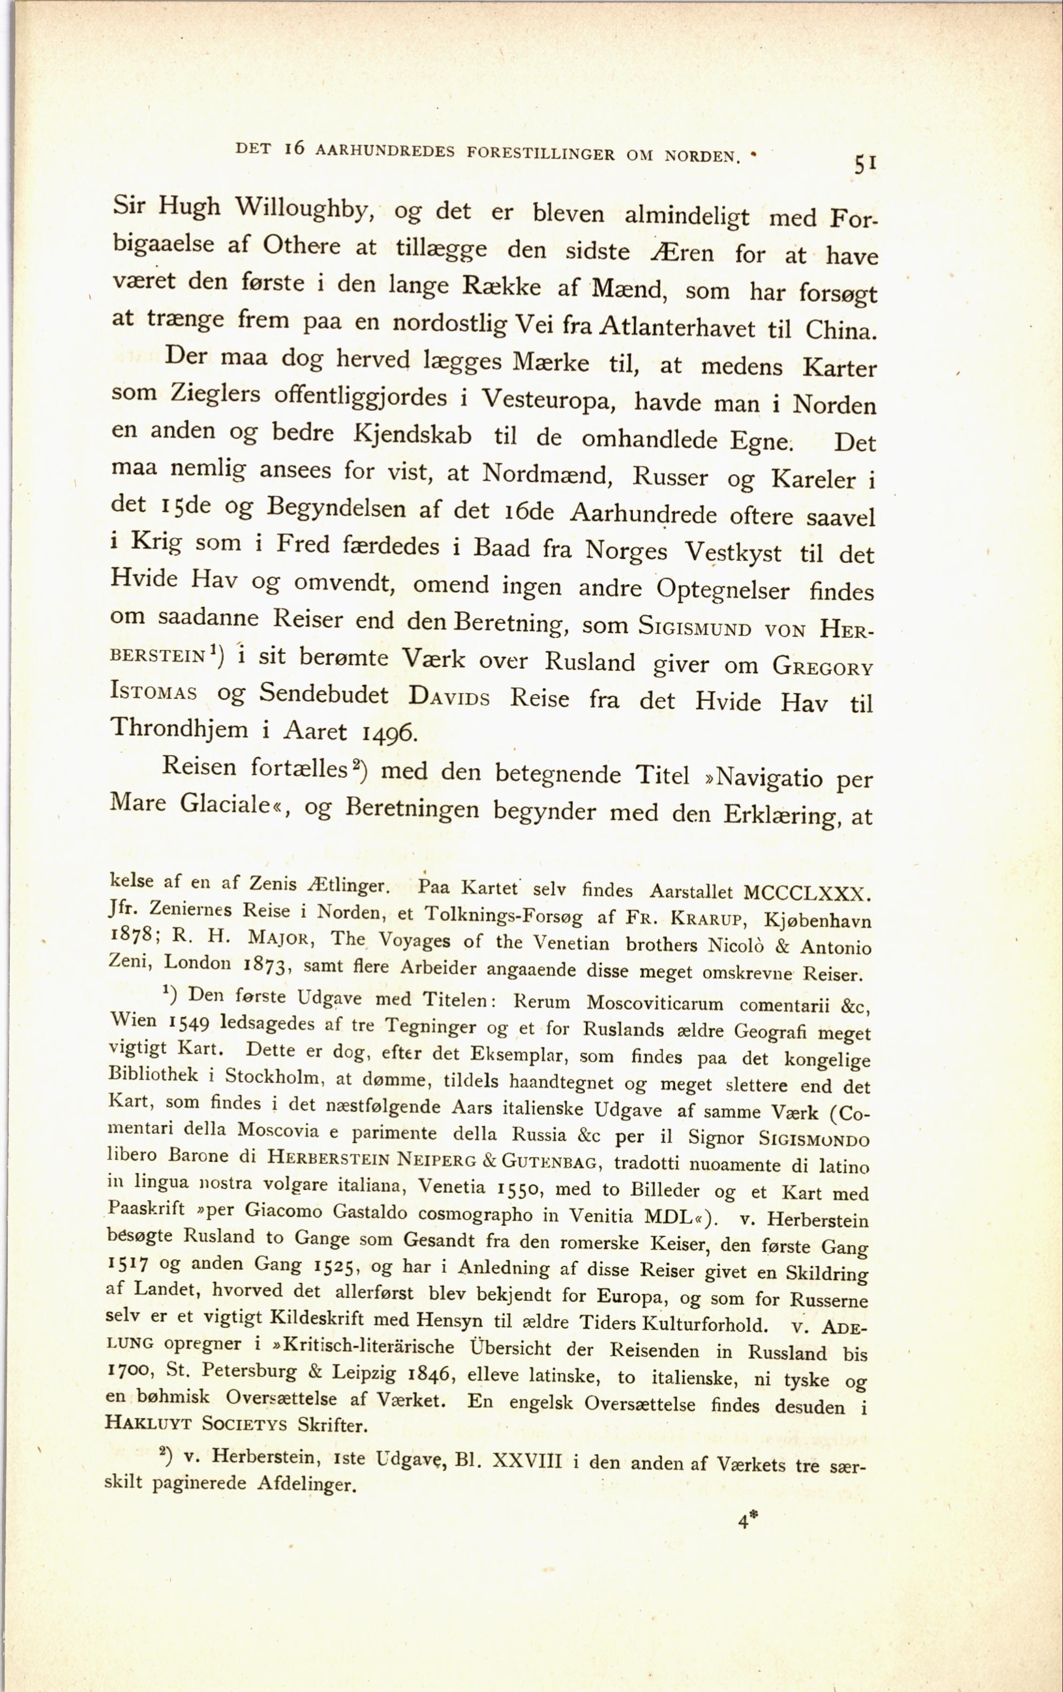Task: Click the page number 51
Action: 864,164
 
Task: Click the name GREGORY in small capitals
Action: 823,665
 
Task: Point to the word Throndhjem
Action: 179,729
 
